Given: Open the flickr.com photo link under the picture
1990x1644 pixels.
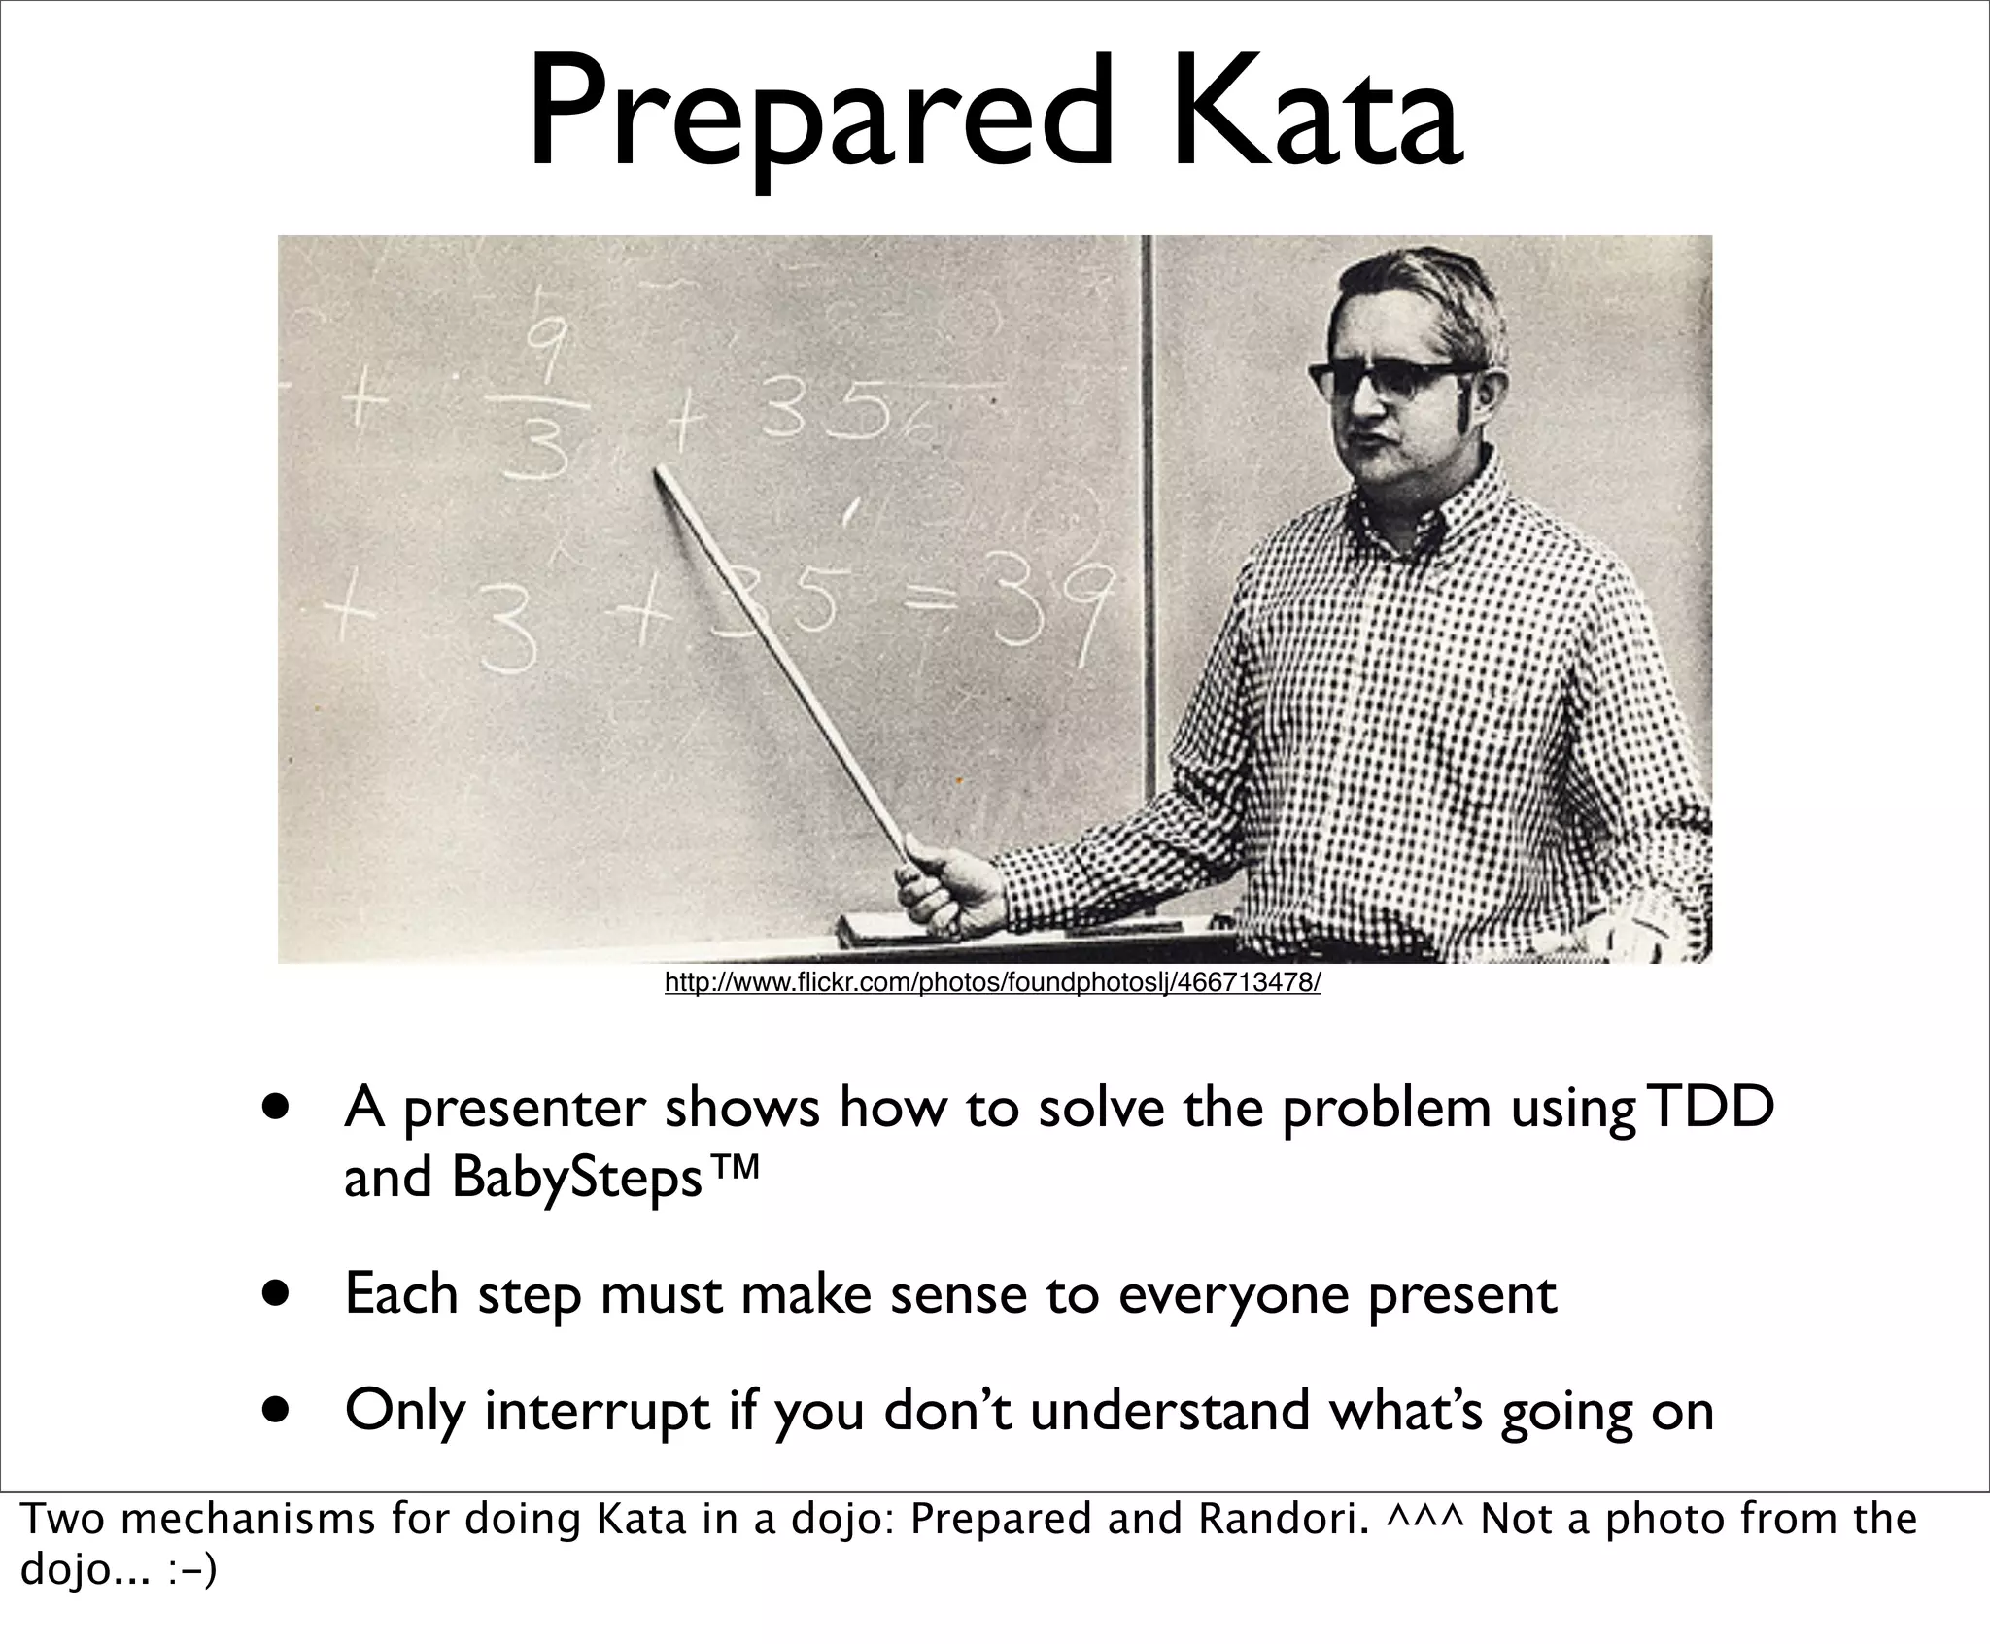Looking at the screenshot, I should click(992, 983).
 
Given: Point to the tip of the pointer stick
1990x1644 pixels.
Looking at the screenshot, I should click(659, 471).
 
